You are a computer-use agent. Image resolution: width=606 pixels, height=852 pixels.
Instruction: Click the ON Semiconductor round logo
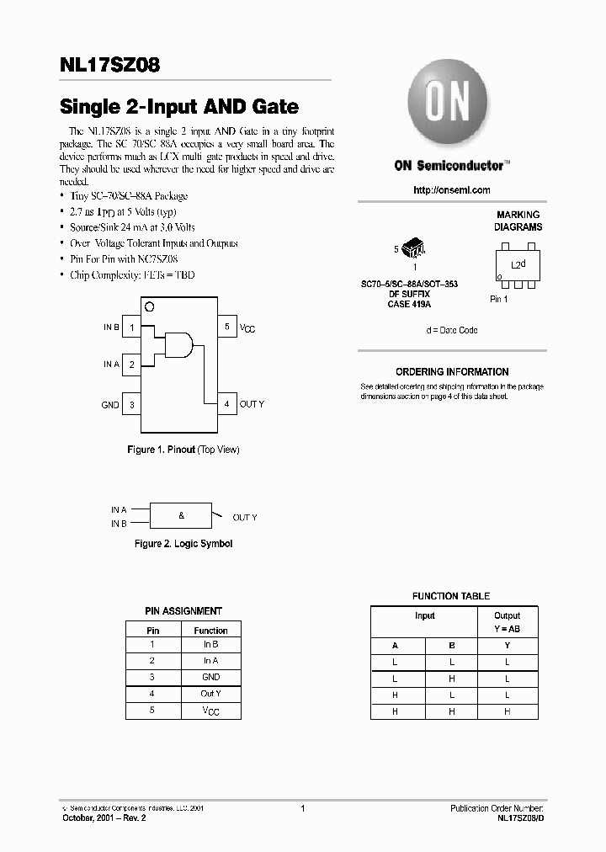pos(447,104)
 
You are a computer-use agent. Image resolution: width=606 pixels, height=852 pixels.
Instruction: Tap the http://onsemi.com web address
pos(452,190)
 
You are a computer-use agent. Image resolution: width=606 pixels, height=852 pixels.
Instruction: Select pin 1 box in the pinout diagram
pos(132,327)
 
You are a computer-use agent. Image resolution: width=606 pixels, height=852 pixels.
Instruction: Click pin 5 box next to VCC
pos(226,327)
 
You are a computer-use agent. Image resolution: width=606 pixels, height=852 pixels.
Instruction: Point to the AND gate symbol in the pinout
pos(179,343)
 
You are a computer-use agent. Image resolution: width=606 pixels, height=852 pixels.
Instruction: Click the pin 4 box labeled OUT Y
pos(226,404)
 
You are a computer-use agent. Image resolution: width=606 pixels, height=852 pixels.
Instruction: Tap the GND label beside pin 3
pos(110,405)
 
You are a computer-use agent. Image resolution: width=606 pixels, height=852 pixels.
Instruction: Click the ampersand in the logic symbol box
pos(181,515)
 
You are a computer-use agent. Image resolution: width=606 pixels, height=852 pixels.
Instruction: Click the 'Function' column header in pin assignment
pos(210,631)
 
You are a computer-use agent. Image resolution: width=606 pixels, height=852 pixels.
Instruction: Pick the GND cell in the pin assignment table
pos(210,677)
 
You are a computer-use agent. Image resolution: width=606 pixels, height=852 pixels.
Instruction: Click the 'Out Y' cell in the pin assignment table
pos(210,694)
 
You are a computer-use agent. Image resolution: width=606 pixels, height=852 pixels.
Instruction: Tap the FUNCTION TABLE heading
pos(450,596)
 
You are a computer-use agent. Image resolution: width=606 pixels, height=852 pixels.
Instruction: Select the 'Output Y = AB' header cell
pos(507,622)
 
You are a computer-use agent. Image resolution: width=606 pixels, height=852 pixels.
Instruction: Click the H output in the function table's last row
pos(507,711)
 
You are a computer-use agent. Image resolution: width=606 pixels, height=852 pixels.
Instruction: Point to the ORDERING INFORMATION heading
pos(452,371)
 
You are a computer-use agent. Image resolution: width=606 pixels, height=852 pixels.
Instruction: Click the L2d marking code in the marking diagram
pos(518,264)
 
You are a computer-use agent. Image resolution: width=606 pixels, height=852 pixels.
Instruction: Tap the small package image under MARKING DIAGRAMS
pos(413,248)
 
